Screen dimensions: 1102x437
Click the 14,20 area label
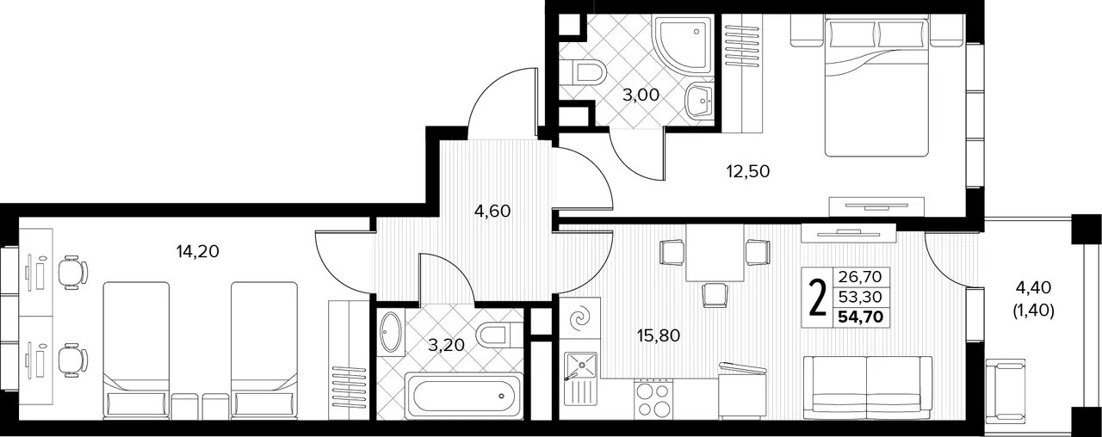click(x=197, y=252)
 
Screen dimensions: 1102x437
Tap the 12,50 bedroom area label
click(x=748, y=171)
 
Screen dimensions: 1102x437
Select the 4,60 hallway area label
click(x=492, y=212)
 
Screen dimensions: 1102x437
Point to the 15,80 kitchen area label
click(x=659, y=335)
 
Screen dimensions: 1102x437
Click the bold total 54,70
click(x=861, y=316)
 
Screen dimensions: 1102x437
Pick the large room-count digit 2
click(x=817, y=298)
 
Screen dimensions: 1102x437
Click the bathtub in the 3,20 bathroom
click(x=464, y=396)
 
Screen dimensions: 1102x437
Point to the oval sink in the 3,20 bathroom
click(x=391, y=332)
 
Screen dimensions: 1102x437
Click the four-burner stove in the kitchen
click(x=653, y=400)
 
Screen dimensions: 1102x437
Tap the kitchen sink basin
click(x=581, y=366)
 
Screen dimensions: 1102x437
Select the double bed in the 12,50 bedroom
click(x=876, y=86)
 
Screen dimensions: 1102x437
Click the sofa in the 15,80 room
click(x=867, y=387)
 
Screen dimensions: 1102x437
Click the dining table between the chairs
click(x=715, y=253)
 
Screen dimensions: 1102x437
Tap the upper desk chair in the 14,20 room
click(x=73, y=273)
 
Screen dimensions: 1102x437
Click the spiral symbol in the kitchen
click(x=580, y=318)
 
